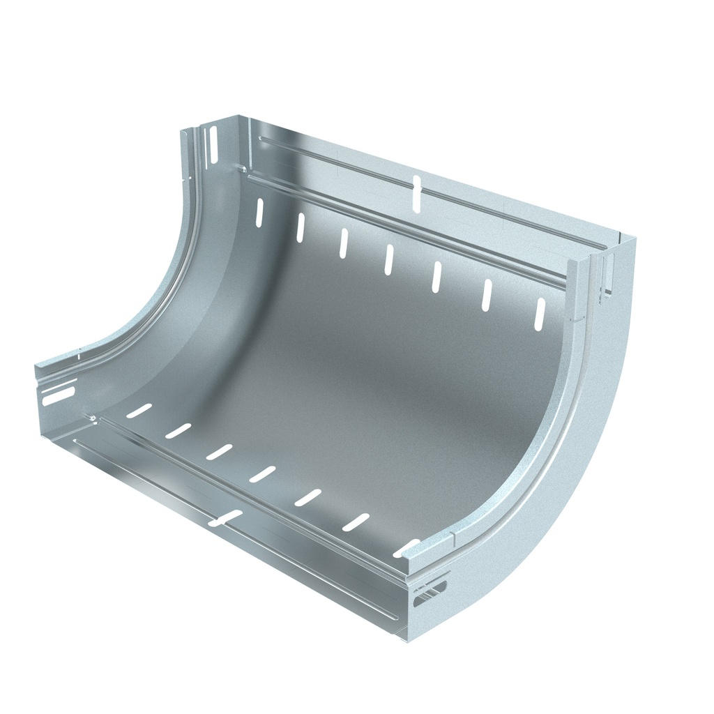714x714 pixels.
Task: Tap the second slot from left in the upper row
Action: [x=301, y=227]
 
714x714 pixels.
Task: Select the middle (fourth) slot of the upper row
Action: [x=389, y=259]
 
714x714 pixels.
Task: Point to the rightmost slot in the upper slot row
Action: [x=540, y=314]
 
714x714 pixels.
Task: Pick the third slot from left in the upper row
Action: [x=344, y=243]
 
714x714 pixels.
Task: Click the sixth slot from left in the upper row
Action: [x=487, y=294]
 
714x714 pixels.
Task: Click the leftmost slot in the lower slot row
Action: [x=139, y=411]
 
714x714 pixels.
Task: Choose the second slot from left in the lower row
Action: [x=178, y=431]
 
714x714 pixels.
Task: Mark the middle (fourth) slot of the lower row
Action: [x=263, y=474]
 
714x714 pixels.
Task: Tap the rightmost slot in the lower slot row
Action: [x=407, y=547]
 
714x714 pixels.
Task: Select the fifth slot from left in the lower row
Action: [x=307, y=497]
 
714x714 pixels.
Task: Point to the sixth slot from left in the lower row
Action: [x=356, y=522]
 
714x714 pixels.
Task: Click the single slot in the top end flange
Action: [x=417, y=193]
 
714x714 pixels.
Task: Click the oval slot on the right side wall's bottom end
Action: [x=431, y=594]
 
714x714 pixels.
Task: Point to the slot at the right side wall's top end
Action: [x=607, y=276]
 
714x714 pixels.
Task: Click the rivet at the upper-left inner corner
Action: [x=241, y=169]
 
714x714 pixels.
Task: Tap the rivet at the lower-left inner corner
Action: [x=91, y=417]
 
